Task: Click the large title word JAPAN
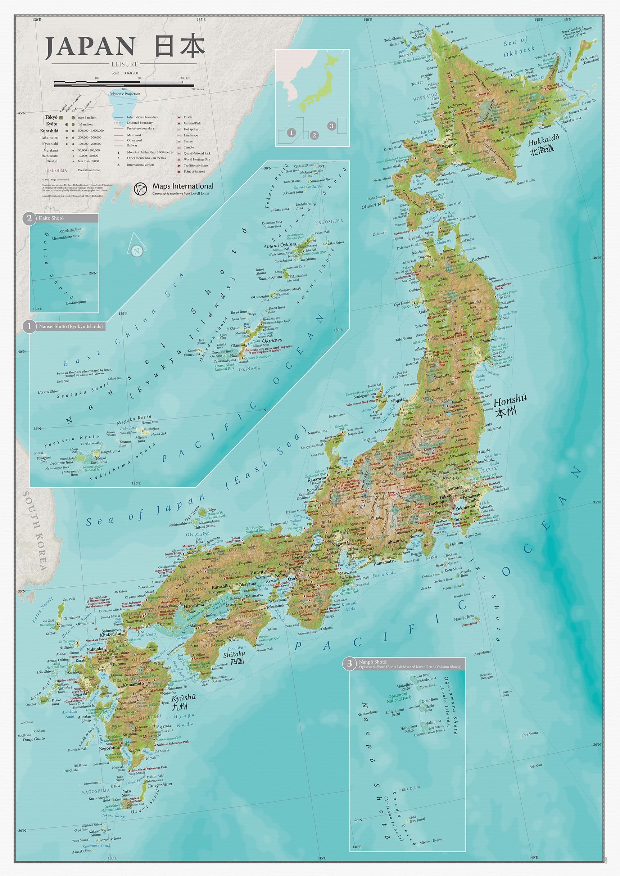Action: coord(90,48)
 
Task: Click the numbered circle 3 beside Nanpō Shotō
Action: coord(349,663)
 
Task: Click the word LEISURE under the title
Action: coord(125,64)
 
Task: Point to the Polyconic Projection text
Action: coord(125,94)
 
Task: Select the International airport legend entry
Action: coord(141,165)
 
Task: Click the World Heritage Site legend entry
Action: coord(196,159)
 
